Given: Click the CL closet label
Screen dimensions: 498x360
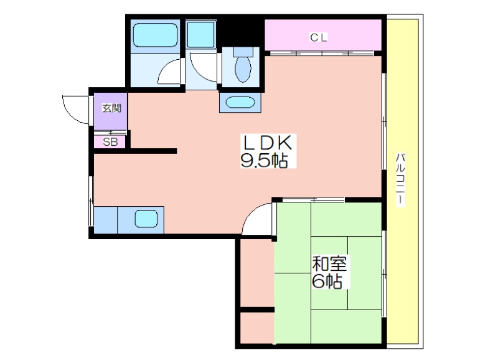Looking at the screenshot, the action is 319,38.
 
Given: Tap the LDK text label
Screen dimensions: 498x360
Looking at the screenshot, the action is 267,143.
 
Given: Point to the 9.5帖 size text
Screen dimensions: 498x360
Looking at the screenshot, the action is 264,160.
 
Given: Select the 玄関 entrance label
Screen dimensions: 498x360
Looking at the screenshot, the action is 111,108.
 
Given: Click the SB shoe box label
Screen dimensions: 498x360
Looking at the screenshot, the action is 110,142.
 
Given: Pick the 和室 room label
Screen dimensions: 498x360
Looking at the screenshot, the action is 329,263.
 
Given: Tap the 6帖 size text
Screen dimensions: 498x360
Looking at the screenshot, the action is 327,281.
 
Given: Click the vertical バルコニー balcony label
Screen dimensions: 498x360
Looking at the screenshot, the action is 400,180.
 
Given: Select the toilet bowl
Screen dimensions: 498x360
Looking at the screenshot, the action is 243,69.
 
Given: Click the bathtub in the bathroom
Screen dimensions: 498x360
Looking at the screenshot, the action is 155,36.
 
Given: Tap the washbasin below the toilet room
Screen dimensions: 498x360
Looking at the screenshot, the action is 240,103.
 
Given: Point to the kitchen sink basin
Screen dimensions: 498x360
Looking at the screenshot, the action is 146,219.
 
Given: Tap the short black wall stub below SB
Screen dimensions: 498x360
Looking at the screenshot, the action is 154,151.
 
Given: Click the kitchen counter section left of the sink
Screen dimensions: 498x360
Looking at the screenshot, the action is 106,220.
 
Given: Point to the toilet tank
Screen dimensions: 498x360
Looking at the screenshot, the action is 243,52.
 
